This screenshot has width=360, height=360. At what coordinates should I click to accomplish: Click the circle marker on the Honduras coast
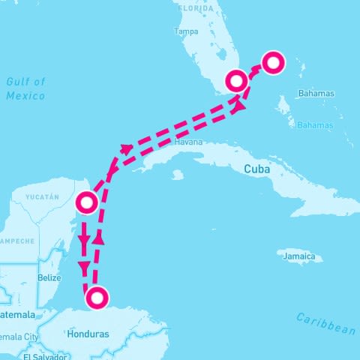click(97, 298)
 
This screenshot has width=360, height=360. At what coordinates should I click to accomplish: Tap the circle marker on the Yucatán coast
click(87, 202)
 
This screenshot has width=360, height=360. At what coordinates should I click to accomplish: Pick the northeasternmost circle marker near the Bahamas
click(273, 62)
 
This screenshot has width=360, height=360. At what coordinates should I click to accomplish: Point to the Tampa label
click(186, 31)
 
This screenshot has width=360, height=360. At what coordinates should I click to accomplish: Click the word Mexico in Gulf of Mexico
click(25, 96)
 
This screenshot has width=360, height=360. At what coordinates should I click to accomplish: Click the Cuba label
click(256, 169)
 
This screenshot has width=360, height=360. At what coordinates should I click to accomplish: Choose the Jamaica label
click(299, 256)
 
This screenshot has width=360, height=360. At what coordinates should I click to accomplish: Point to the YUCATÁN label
click(42, 196)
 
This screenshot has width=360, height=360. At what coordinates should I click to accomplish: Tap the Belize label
click(49, 277)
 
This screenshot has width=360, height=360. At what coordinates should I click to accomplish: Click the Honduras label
click(88, 334)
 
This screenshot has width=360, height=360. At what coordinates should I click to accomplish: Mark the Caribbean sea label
click(325, 322)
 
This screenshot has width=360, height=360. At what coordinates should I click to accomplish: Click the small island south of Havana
click(177, 175)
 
